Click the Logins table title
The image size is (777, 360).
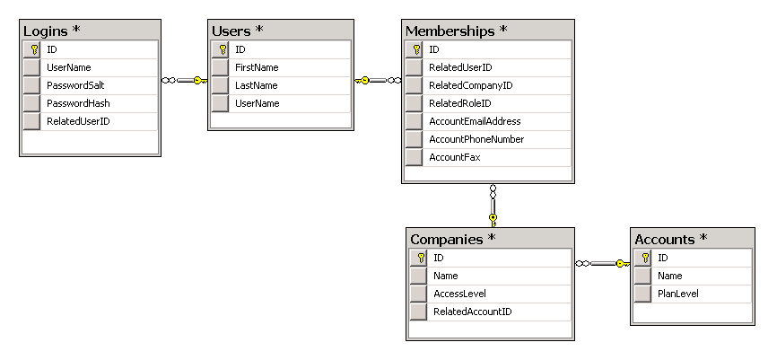point(51,31)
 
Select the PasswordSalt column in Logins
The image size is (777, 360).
point(72,85)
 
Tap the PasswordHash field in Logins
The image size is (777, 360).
point(72,103)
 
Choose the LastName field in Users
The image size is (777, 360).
point(255,85)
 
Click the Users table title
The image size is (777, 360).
point(237,31)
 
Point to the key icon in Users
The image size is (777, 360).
point(220,49)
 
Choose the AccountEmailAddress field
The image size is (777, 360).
point(475,121)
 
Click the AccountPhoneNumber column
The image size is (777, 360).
point(476,139)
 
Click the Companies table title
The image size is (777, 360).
point(452,240)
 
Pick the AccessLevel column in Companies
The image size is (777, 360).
point(459,294)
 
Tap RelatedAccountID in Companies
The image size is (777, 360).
point(467,312)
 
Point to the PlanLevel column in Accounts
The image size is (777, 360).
point(678,294)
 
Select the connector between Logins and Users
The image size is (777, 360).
point(184,81)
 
